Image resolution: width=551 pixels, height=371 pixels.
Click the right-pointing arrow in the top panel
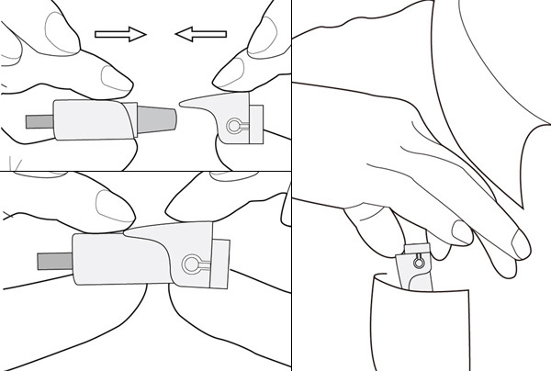click(x=120, y=35)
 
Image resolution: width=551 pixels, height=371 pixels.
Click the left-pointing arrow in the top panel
click(x=199, y=35)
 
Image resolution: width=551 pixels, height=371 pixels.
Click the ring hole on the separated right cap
click(x=234, y=126)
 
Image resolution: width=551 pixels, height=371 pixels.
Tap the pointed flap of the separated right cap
click(x=197, y=103)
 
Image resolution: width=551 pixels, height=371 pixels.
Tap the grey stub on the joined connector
click(x=52, y=259)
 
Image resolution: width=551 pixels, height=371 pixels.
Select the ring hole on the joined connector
click(x=192, y=264)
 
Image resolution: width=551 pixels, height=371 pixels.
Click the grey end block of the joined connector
click(x=220, y=264)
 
